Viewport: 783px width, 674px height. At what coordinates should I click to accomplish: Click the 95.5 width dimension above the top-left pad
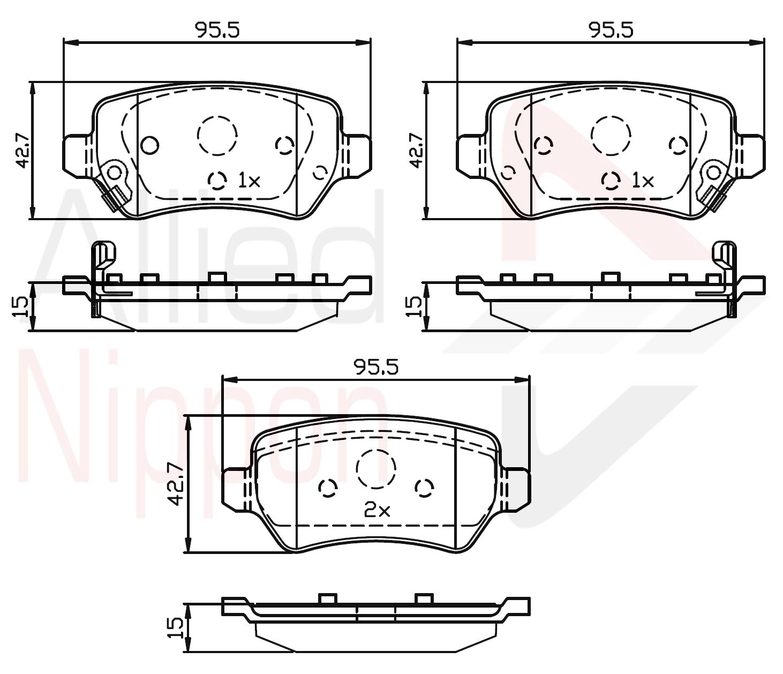(217, 29)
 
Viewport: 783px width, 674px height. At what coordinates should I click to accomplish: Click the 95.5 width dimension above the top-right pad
(611, 29)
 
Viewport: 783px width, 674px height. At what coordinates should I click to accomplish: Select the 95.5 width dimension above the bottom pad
(376, 367)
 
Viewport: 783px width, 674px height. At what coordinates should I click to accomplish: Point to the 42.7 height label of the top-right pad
(417, 151)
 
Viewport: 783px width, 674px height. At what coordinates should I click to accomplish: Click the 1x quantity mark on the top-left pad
(249, 181)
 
